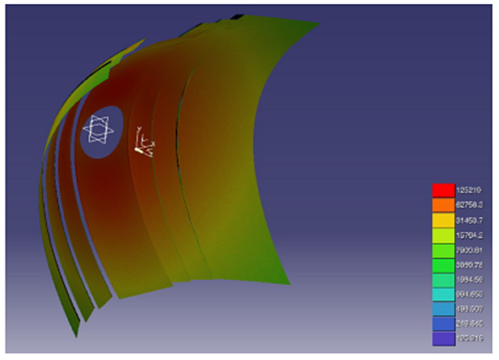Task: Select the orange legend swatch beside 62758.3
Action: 442,205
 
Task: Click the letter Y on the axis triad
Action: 140,129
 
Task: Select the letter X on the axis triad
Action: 152,145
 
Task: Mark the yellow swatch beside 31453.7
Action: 442,220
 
